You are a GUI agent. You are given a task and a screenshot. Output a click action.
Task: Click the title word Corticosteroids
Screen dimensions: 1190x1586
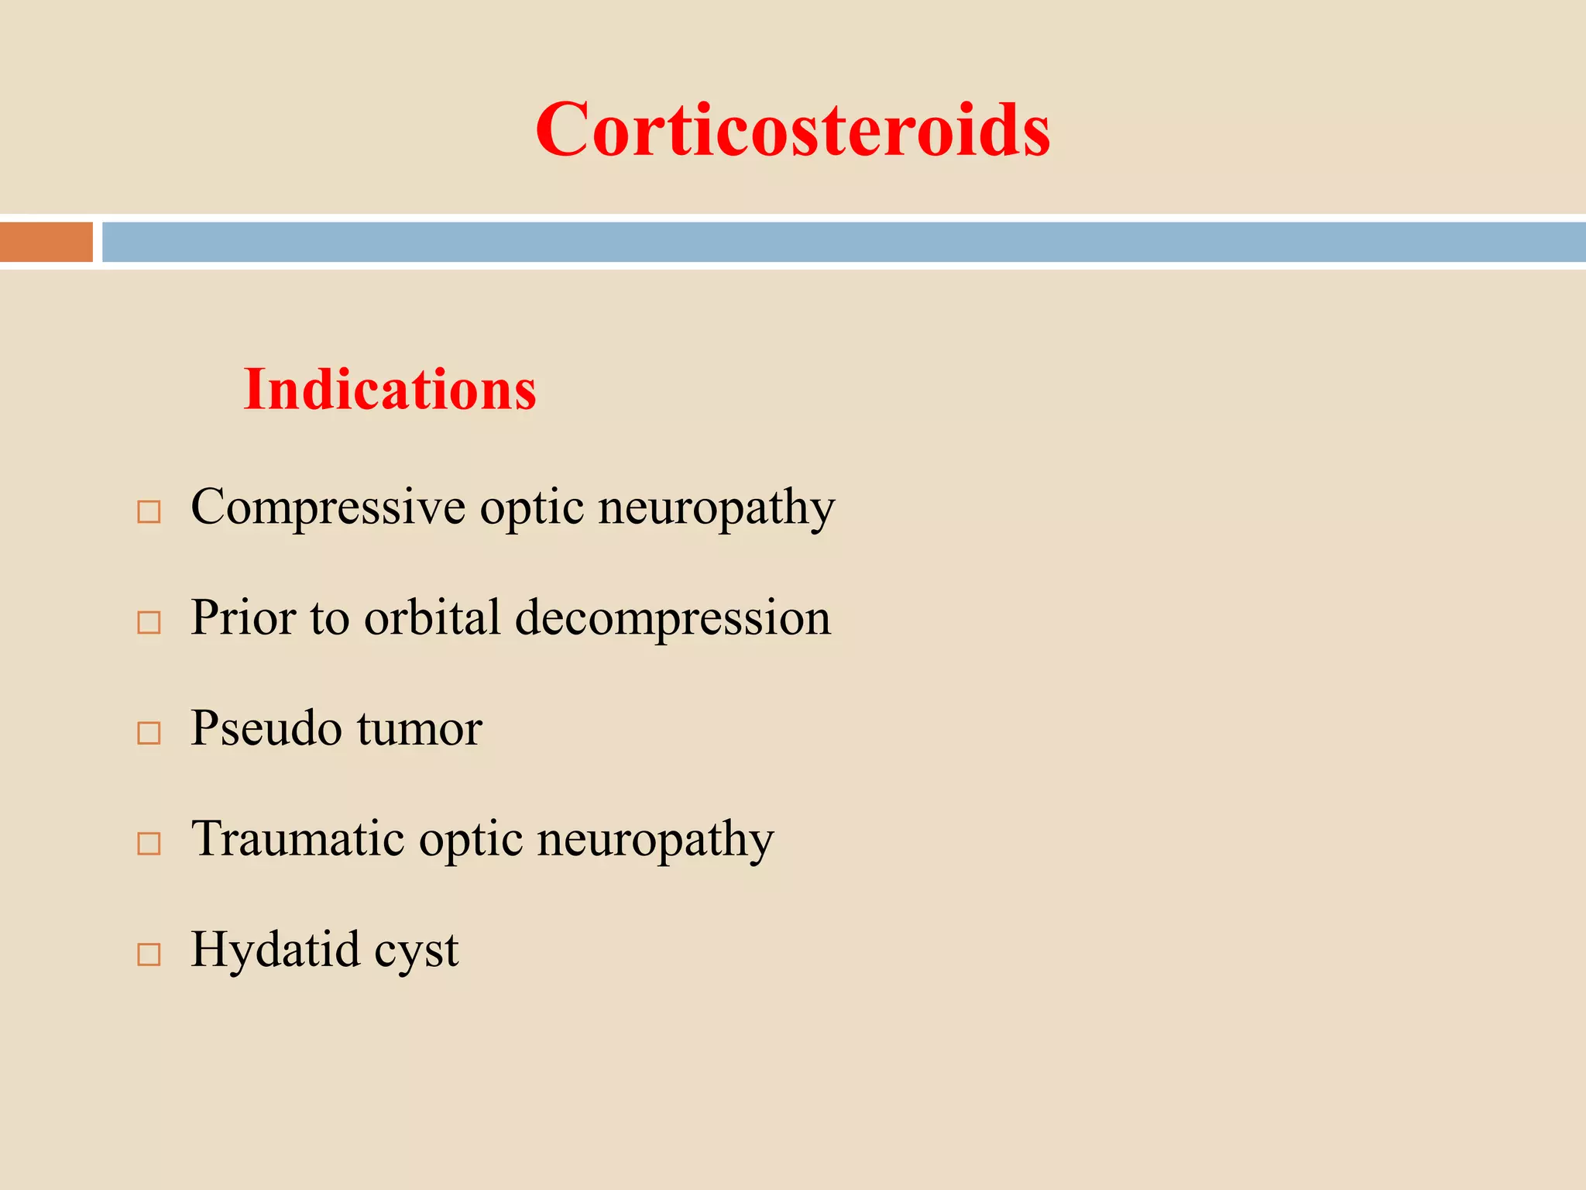[x=792, y=129]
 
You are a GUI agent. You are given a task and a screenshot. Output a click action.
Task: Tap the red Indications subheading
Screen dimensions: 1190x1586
[x=390, y=389]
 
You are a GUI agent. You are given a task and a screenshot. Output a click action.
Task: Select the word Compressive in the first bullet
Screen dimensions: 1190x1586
[x=328, y=508]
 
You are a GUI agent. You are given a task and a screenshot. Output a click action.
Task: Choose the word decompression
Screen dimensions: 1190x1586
[x=673, y=619]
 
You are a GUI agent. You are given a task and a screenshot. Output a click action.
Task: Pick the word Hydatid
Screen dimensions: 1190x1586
[x=276, y=949]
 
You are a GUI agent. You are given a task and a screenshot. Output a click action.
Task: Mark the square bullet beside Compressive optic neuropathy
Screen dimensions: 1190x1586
[x=149, y=512]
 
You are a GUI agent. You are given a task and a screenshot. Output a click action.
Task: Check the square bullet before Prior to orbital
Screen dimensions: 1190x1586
[x=149, y=622]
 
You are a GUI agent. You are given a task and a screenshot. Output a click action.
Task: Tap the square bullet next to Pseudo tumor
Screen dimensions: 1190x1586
[x=149, y=733]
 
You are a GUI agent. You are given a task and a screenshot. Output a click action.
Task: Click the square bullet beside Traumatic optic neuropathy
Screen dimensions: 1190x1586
[x=149, y=843]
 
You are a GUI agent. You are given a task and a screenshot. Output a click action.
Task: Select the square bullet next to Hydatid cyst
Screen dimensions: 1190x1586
[x=149, y=954]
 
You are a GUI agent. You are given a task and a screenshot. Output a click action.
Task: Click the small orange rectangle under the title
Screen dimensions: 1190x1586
[x=46, y=242]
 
